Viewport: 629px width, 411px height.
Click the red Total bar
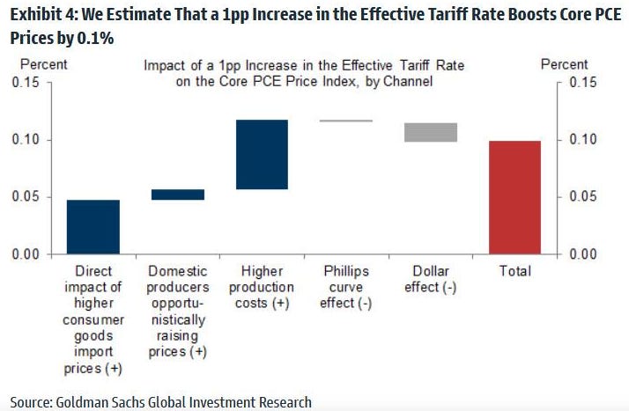click(x=514, y=197)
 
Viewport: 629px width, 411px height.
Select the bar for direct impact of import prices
click(x=93, y=227)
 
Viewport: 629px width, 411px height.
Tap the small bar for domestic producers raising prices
click(x=178, y=194)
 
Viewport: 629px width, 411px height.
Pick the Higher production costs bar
click(x=262, y=155)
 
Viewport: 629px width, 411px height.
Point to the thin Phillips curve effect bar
click(x=346, y=121)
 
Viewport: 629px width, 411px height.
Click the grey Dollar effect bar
click(x=431, y=132)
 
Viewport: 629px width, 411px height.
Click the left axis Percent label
click(x=44, y=64)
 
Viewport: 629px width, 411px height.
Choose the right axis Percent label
click(x=564, y=64)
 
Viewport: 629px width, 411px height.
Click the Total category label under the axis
click(x=514, y=272)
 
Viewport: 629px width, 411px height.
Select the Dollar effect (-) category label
click(x=431, y=279)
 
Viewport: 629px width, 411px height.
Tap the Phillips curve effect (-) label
click(x=346, y=287)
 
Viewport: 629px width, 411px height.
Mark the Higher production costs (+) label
click(x=262, y=287)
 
